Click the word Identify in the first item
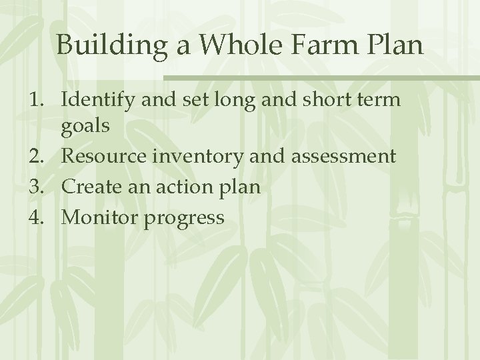(x=98, y=101)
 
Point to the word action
(x=182, y=187)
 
